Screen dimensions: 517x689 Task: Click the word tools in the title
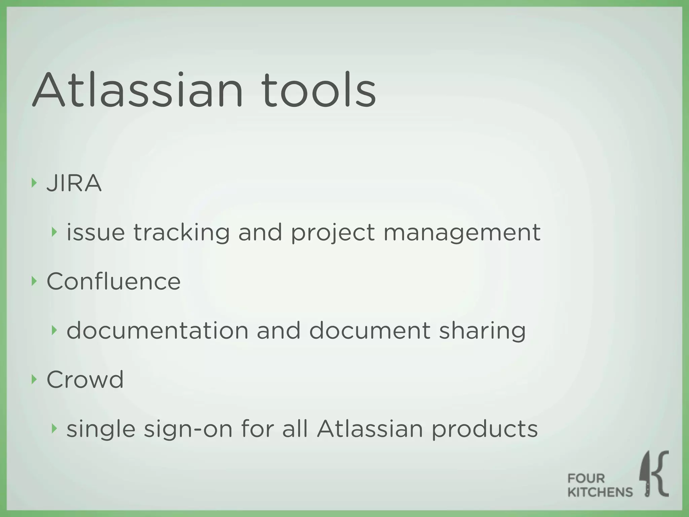click(318, 90)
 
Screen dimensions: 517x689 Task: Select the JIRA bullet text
click(74, 183)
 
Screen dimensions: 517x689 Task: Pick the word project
click(332, 233)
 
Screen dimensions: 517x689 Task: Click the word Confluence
click(113, 281)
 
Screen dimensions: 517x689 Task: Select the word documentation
click(157, 331)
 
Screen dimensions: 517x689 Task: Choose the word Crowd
click(85, 380)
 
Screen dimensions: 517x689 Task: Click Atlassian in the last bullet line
click(369, 429)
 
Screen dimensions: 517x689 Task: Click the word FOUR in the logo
click(586, 478)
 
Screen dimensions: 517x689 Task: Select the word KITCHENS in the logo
click(600, 492)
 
